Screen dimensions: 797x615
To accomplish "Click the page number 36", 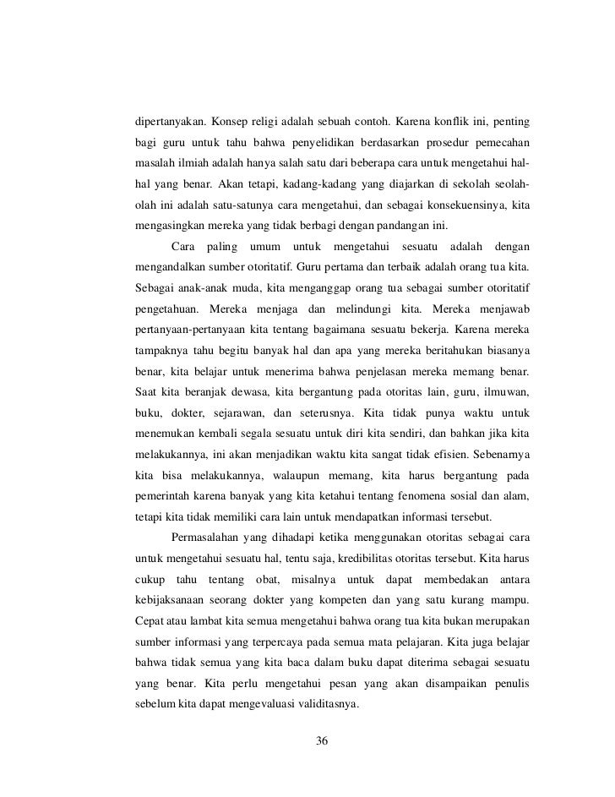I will click(x=322, y=741).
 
